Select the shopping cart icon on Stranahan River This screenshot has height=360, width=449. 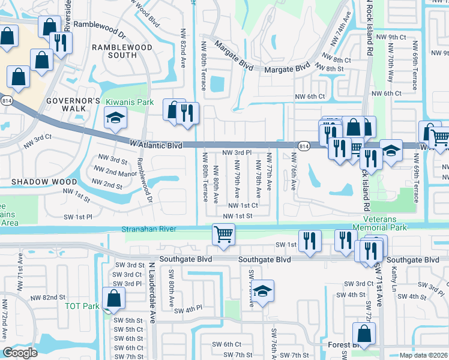click(x=223, y=234)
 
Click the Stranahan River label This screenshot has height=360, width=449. click(x=148, y=229)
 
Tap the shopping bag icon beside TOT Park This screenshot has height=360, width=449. click(x=113, y=298)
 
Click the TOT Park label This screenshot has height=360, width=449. click(x=82, y=306)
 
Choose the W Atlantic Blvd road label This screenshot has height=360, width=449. click(x=155, y=145)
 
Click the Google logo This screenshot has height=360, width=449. click(x=20, y=353)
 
